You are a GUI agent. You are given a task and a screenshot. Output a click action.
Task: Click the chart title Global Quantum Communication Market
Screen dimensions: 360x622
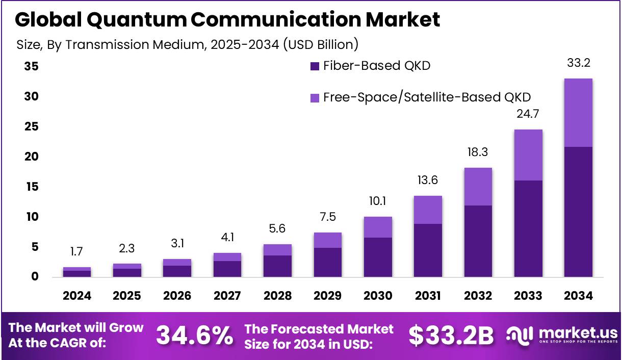(x=227, y=19)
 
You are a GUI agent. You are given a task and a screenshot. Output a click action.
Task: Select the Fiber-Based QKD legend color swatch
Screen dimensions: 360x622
(x=315, y=66)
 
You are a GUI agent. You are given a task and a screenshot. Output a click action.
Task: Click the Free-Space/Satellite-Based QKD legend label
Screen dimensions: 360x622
(x=427, y=97)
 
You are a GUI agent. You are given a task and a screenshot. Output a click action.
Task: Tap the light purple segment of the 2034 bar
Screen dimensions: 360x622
(x=578, y=113)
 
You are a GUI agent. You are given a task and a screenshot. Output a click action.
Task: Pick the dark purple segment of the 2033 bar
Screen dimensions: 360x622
(x=528, y=228)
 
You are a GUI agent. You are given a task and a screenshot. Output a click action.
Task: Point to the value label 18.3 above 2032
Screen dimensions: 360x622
(x=478, y=152)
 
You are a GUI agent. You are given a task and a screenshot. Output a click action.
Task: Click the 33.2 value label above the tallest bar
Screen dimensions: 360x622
(x=578, y=64)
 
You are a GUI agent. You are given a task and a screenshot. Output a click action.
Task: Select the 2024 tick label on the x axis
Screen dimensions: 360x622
(x=77, y=296)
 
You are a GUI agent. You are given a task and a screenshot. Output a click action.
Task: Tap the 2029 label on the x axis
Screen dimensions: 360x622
(x=327, y=296)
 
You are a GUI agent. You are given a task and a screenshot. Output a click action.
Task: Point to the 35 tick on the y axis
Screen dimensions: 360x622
(x=32, y=67)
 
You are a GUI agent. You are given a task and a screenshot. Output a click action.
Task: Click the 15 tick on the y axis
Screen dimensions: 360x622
(x=32, y=187)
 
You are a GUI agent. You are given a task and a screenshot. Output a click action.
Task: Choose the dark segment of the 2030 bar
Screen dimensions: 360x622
(x=377, y=257)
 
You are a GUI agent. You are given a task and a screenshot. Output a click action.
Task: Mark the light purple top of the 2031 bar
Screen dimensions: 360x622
(x=427, y=210)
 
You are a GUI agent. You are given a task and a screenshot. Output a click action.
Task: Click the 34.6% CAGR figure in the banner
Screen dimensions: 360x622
(x=194, y=335)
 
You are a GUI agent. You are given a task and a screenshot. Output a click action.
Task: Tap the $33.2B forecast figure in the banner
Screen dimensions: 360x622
(x=451, y=335)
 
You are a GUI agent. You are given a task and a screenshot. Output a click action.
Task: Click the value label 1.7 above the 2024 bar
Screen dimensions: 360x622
(x=77, y=251)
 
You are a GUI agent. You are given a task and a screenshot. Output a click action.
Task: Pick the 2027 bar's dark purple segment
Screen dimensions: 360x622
(x=227, y=269)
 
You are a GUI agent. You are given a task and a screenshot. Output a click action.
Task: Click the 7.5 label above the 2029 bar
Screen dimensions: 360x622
(x=327, y=217)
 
